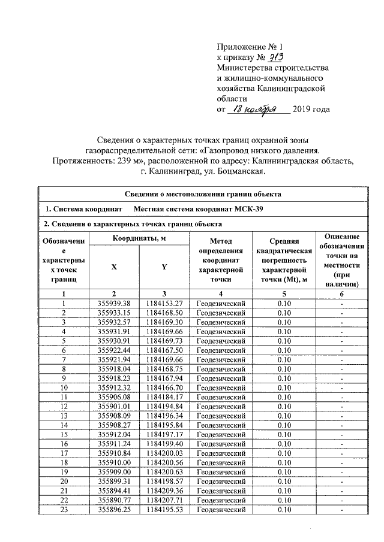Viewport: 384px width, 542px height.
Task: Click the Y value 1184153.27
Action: (x=164, y=303)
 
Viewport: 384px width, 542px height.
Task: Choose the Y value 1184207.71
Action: (x=164, y=500)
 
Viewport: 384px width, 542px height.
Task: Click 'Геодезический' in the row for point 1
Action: (x=221, y=303)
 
